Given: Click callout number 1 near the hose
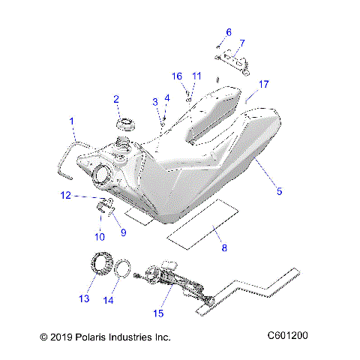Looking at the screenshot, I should [73, 120].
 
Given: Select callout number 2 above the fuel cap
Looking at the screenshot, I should [116, 99].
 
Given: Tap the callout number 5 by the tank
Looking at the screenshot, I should [279, 191].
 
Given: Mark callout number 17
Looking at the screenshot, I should [264, 84].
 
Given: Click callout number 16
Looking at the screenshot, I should [178, 76].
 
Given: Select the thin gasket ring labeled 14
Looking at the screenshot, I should [126, 268].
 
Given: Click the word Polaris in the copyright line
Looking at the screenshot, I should [93, 337].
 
